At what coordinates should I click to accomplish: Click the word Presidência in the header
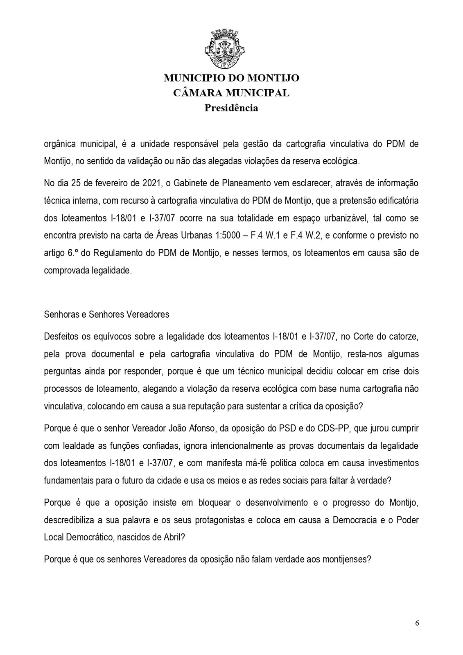[x=231, y=108]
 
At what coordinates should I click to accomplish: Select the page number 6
[x=417, y=623]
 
